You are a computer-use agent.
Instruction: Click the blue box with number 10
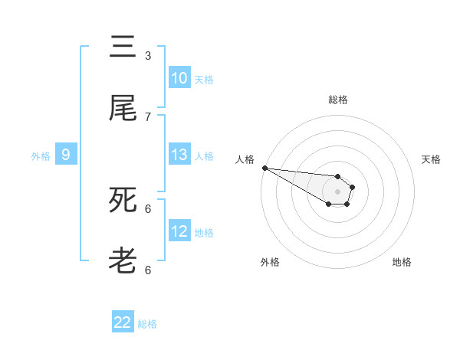point(179,78)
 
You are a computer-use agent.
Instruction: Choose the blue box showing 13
point(179,155)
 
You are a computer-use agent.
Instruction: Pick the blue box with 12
point(179,231)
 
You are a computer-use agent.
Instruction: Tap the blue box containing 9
point(66,155)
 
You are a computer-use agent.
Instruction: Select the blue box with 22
point(123,322)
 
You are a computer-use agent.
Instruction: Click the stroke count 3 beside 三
point(148,56)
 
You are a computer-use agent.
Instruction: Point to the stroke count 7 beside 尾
point(148,117)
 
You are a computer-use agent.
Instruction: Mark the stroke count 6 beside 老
point(148,270)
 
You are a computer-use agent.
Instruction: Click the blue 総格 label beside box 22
point(147,324)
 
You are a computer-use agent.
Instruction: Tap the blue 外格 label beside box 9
point(40,156)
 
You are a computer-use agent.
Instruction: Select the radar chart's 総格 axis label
point(337,100)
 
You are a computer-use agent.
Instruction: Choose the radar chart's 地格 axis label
point(402,262)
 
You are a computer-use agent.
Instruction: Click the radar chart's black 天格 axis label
point(431,159)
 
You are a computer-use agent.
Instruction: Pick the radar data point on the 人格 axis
point(264,168)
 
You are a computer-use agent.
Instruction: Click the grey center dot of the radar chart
point(337,191)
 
